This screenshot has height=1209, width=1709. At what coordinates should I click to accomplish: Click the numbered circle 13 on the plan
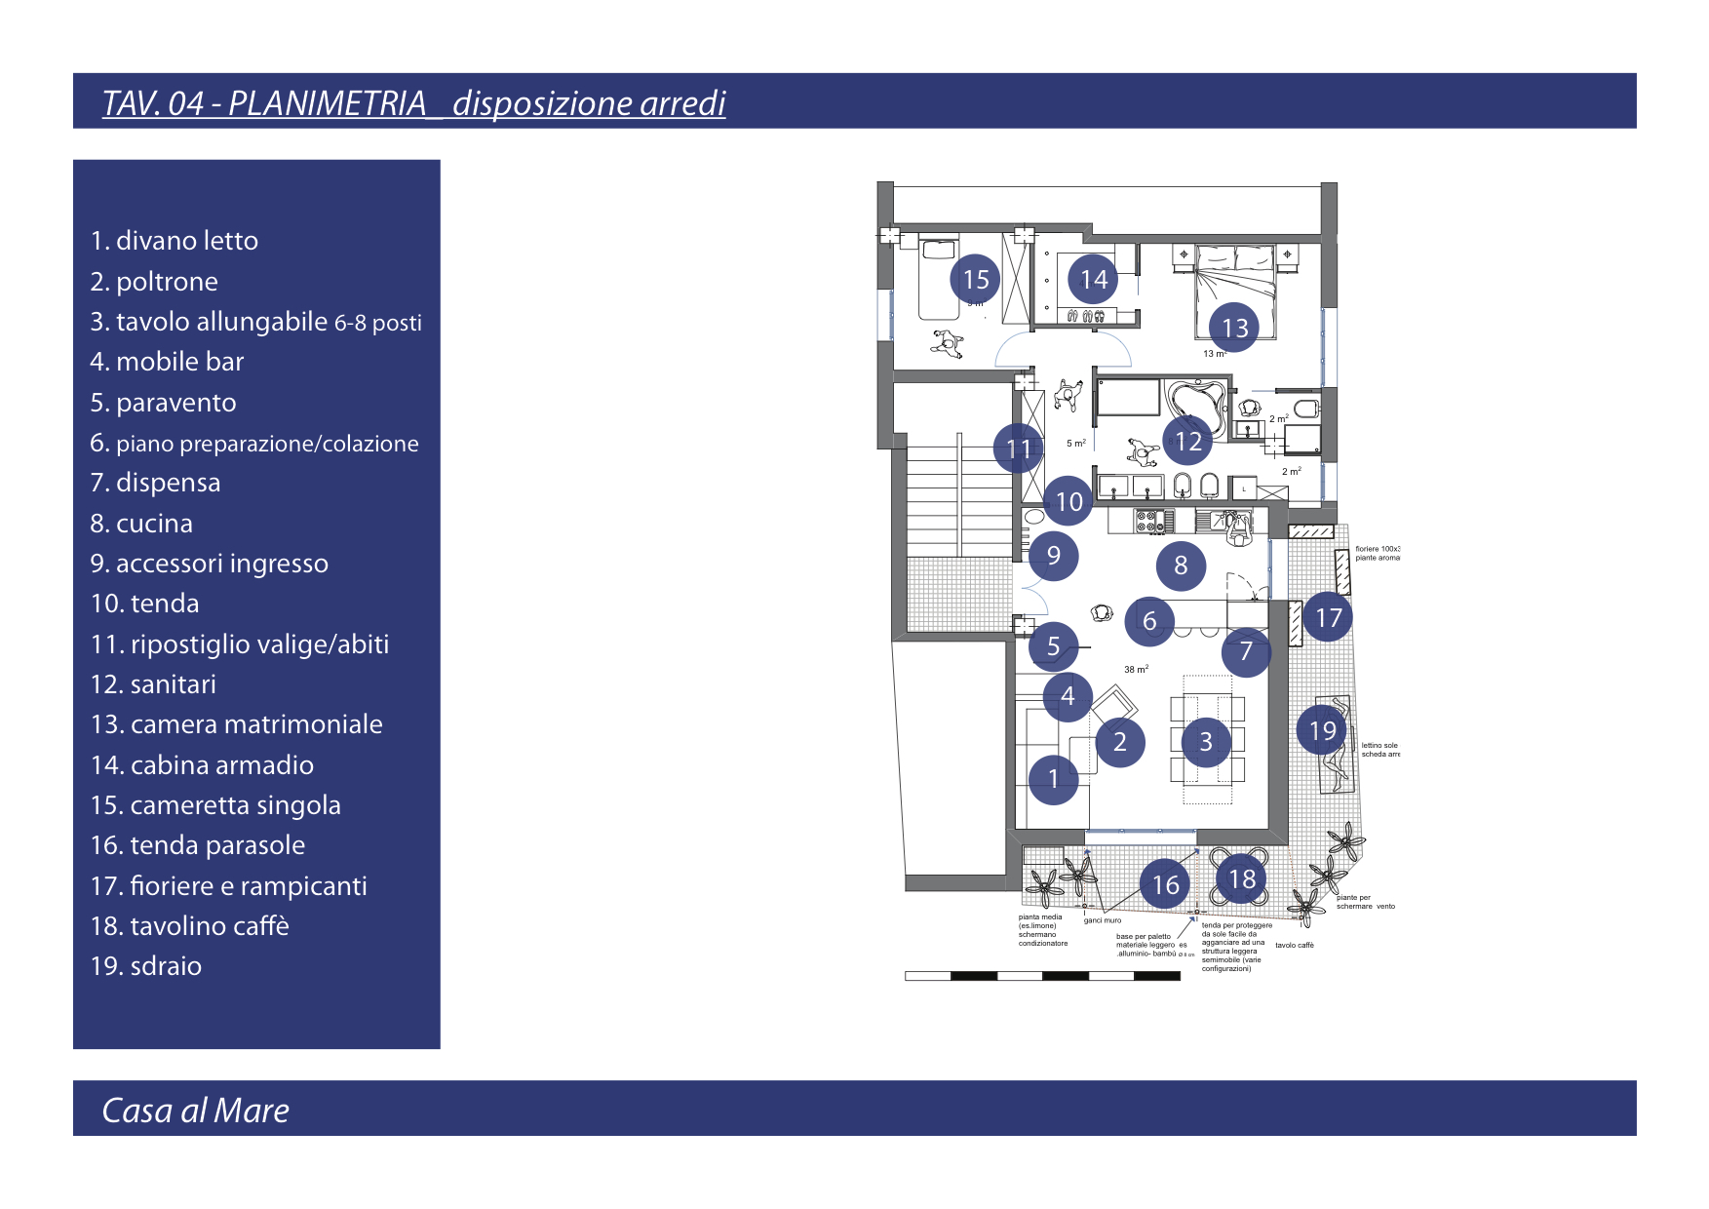pyautogui.click(x=1234, y=328)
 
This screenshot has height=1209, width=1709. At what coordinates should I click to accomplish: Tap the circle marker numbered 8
pyautogui.click(x=1181, y=565)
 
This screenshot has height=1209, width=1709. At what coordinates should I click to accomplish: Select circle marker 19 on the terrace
pyautogui.click(x=1322, y=730)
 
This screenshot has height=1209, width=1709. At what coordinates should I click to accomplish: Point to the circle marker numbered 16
pyautogui.click(x=1165, y=884)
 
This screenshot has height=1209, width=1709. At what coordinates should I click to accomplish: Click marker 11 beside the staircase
pyautogui.click(x=1018, y=448)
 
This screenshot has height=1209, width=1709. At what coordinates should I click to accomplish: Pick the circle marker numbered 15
pyautogui.click(x=975, y=280)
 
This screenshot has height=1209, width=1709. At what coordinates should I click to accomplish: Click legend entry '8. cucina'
pyautogui.click(x=141, y=524)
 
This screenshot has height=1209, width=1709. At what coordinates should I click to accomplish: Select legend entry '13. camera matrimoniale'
pyautogui.click(x=236, y=724)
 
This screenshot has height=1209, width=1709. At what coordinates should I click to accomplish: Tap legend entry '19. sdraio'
pyautogui.click(x=146, y=966)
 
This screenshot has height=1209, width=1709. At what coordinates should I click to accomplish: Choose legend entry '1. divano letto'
pyautogui.click(x=175, y=241)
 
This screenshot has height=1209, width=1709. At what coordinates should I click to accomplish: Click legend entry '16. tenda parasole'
pyautogui.click(x=198, y=845)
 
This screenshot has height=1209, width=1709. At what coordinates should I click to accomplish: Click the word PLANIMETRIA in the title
pyautogui.click(x=327, y=103)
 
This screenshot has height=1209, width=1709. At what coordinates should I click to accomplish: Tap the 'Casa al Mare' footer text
pyautogui.click(x=195, y=1111)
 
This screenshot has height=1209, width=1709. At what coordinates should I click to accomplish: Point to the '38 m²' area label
pyautogui.click(x=1136, y=670)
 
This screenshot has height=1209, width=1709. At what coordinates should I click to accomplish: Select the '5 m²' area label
pyautogui.click(x=1076, y=444)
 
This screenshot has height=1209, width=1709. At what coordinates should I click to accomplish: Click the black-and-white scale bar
pyautogui.click(x=1042, y=975)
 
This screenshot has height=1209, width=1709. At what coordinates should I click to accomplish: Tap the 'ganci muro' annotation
pyautogui.click(x=1103, y=920)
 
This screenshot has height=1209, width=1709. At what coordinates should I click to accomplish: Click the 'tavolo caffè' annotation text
pyautogui.click(x=1295, y=945)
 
